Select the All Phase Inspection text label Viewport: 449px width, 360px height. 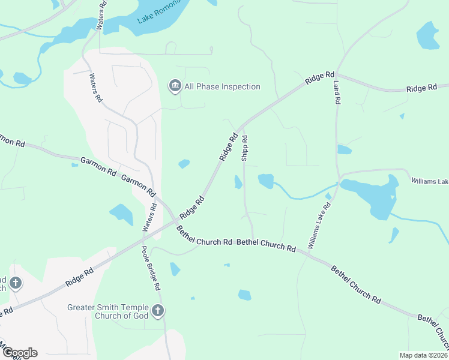tap(222, 87)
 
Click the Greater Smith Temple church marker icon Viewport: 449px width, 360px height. tap(158, 310)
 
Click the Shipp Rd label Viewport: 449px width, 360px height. tap(245, 148)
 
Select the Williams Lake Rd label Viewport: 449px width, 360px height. tap(319, 226)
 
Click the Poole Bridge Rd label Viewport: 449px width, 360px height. tap(151, 268)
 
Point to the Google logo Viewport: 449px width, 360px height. tap(19, 353)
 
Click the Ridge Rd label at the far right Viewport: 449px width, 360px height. tap(421, 88)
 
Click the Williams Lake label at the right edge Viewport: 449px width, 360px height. tap(429, 181)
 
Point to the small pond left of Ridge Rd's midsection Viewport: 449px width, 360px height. tap(184, 164)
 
